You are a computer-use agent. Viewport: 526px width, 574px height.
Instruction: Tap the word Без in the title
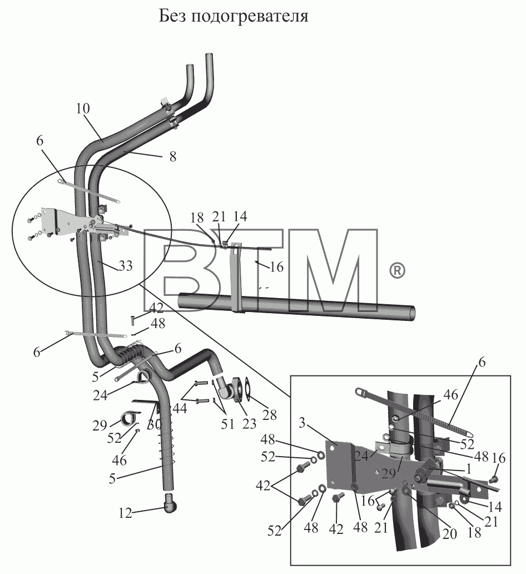(172, 16)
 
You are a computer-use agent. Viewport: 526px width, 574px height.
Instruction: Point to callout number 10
(83, 108)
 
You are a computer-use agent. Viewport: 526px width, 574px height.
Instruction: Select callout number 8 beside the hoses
(173, 157)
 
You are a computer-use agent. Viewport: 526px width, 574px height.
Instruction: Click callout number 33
(126, 266)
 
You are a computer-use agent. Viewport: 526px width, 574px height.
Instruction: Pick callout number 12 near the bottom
(125, 513)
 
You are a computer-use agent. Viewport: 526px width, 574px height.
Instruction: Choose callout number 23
(249, 423)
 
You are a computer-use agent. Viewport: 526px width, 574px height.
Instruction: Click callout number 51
(227, 424)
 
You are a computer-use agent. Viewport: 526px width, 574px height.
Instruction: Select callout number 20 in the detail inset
(450, 534)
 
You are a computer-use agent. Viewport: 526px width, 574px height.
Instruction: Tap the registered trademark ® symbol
(396, 271)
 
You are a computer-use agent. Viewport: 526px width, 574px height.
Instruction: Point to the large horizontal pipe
(296, 303)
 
